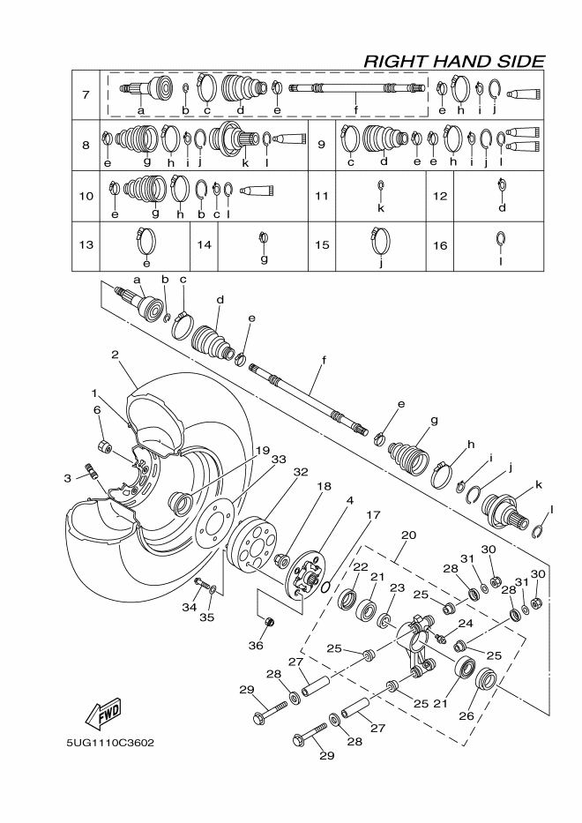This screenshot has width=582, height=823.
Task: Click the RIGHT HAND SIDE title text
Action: point(453,60)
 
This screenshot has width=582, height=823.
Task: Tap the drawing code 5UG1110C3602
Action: point(110,742)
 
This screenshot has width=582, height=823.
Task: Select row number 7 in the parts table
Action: point(86,94)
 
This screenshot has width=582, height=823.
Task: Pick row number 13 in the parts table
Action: point(86,243)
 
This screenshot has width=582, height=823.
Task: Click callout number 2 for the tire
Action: point(115,355)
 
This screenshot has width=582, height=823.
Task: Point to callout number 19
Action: point(262,450)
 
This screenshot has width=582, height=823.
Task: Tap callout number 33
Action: point(279,460)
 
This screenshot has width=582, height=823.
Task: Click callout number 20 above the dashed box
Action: point(407,535)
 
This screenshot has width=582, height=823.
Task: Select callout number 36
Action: point(256,645)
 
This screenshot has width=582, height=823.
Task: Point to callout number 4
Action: point(349,500)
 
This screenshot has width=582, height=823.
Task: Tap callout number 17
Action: point(373,514)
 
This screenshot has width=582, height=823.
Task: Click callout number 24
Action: point(463,624)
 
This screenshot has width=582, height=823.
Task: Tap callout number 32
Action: point(301,472)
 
